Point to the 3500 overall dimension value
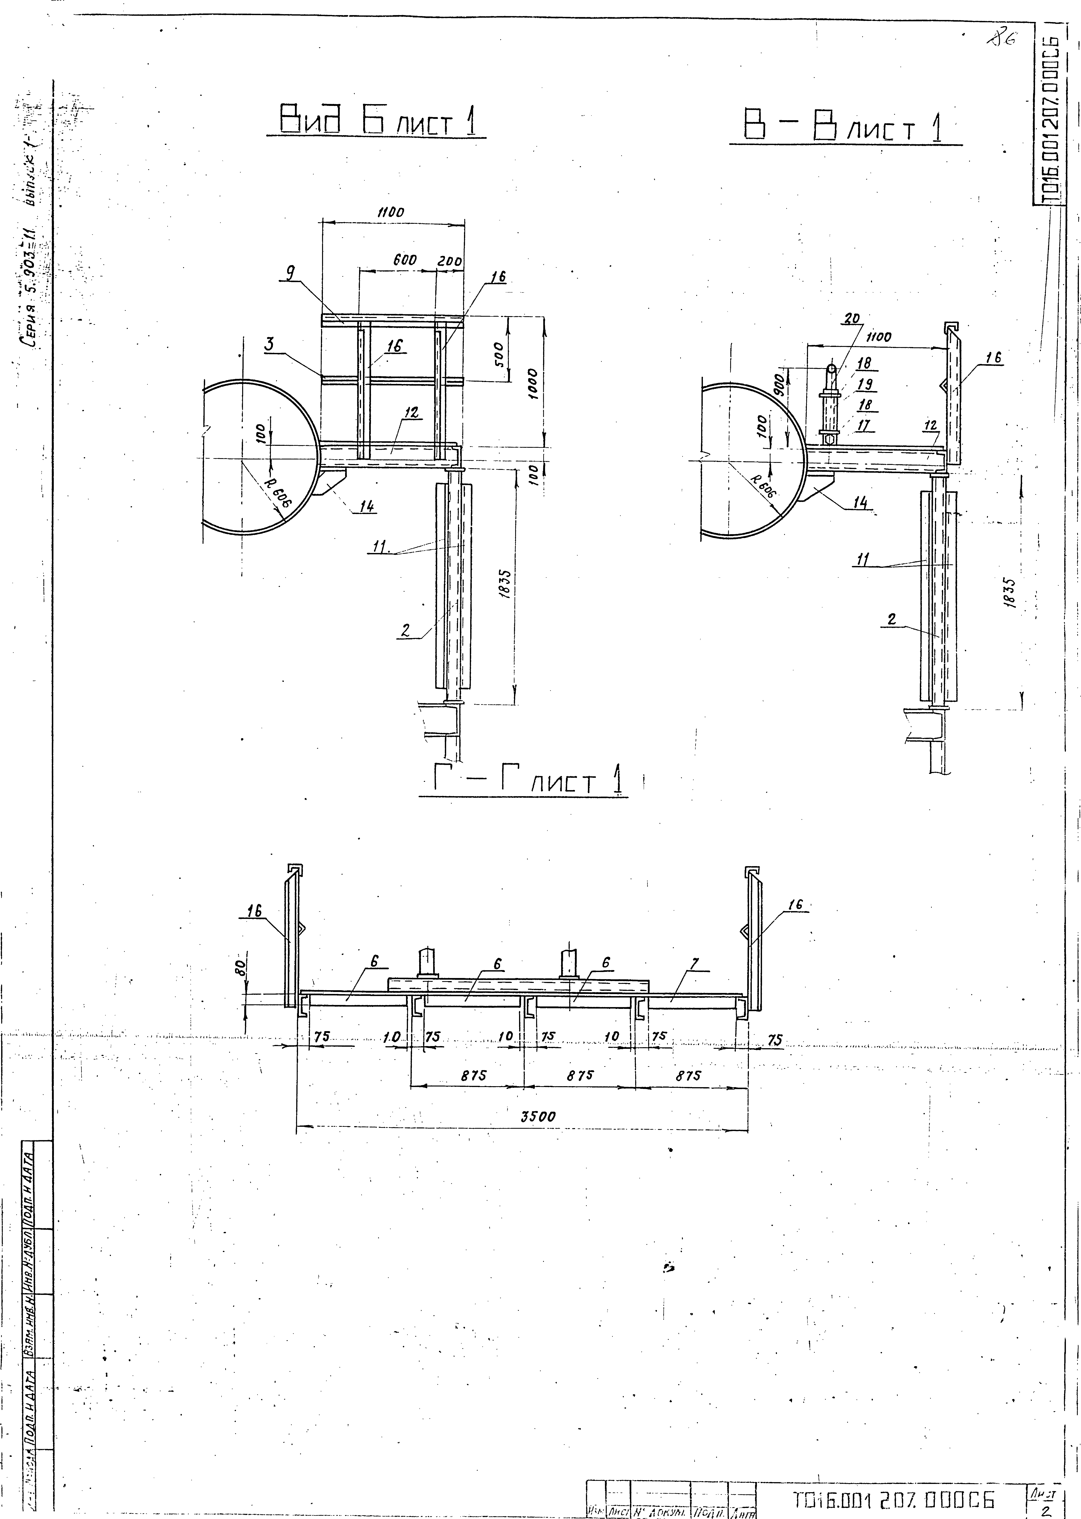point(538,1116)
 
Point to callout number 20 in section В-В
point(851,319)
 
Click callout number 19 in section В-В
point(865,384)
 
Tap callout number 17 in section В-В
point(864,424)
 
